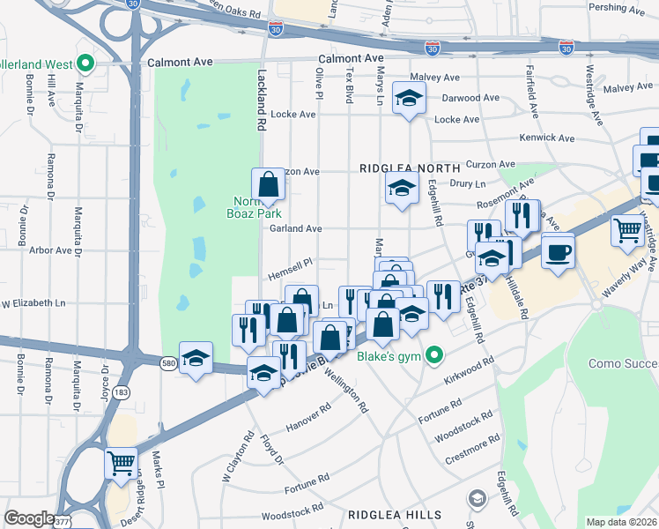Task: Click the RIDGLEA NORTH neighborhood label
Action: coord(409,168)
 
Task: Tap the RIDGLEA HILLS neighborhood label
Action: coord(394,514)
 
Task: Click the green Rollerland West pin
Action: coord(85,63)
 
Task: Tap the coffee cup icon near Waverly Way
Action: coord(559,252)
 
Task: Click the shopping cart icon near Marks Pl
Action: coord(122,462)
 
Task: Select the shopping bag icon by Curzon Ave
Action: coord(268,185)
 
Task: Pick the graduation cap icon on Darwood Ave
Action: coord(408,99)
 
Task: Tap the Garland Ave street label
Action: coord(295,228)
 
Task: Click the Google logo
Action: coord(29,518)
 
